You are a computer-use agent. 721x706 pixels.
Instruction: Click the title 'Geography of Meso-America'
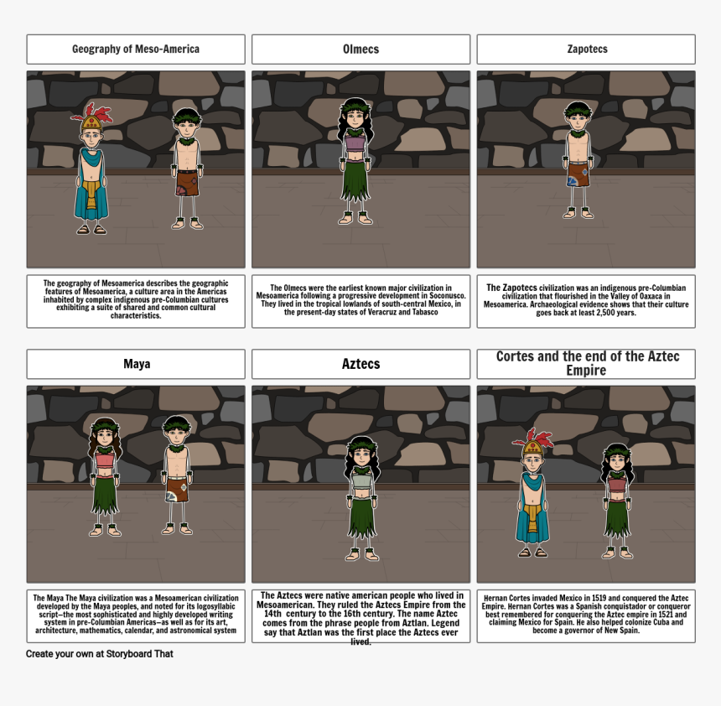136,49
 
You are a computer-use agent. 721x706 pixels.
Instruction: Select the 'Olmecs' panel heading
361,49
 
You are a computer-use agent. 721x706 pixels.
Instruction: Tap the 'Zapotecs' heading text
587,49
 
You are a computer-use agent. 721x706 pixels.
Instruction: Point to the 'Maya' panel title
137,364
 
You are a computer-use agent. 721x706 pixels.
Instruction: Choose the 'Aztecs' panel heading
361,364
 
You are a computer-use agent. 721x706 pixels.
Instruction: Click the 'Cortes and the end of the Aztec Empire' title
587,363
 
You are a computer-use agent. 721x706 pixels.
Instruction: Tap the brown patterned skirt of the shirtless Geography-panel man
187,183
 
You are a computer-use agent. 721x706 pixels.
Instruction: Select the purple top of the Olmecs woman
355,143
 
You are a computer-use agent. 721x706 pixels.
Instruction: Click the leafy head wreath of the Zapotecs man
578,110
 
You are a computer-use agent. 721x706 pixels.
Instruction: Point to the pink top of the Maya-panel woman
105,459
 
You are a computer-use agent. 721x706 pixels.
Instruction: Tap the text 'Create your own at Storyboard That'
99,654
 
